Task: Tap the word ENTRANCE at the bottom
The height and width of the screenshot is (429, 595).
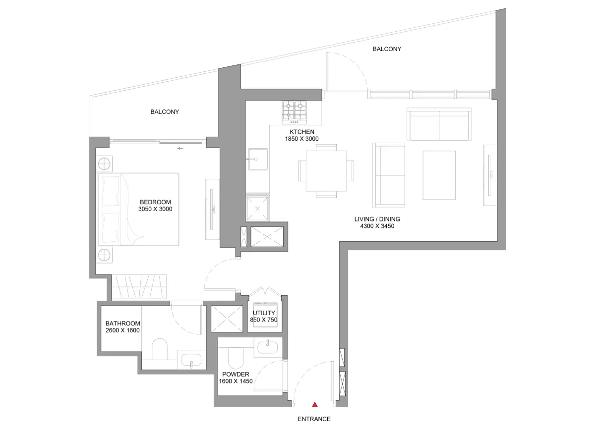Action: pyautogui.click(x=314, y=419)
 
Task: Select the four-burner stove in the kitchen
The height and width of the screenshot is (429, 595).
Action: pyautogui.click(x=294, y=111)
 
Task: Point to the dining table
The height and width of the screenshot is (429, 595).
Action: pyautogui.click(x=326, y=171)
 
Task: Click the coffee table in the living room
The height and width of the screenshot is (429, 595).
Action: pyautogui.click(x=439, y=175)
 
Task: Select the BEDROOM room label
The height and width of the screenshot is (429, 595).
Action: pyautogui.click(x=155, y=202)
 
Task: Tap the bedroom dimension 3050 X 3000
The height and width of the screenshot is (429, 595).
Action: pyautogui.click(x=155, y=210)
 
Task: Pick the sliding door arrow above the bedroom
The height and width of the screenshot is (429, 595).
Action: pyautogui.click(x=180, y=148)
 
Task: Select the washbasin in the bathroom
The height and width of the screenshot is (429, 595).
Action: pyautogui.click(x=191, y=360)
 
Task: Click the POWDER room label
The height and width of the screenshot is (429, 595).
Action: pyautogui.click(x=236, y=375)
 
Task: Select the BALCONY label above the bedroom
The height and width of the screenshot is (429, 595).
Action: pyautogui.click(x=165, y=112)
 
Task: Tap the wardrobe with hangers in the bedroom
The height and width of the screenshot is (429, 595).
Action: pyautogui.click(x=139, y=287)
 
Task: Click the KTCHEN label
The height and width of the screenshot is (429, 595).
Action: pyautogui.click(x=301, y=132)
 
